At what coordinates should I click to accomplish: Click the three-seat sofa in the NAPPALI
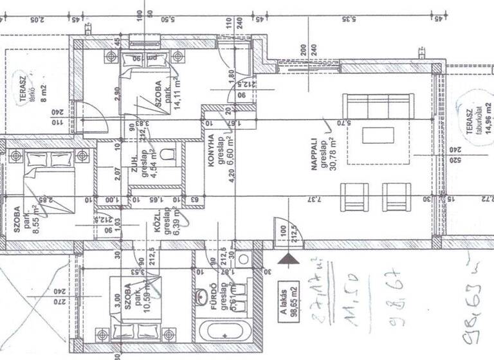(x=378, y=106)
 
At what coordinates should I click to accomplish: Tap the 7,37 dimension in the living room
(x=313, y=199)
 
